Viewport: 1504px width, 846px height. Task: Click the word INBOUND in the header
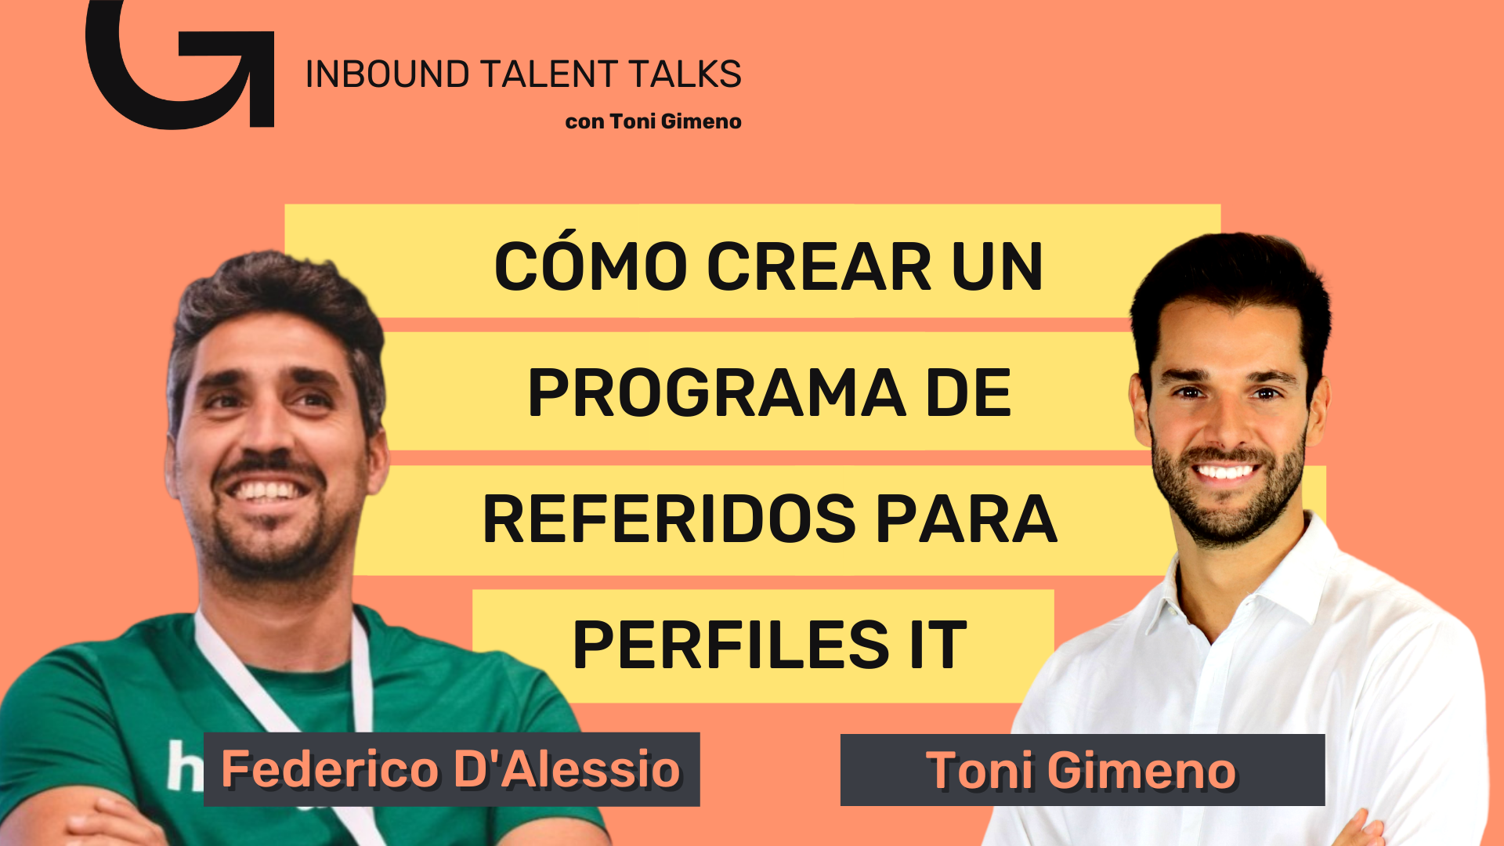tap(387, 74)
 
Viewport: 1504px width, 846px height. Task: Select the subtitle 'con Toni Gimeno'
tap(653, 121)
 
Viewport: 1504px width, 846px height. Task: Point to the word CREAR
tap(819, 266)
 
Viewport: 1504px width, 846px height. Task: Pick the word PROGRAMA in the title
tap(717, 392)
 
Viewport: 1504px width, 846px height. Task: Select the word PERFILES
tap(731, 645)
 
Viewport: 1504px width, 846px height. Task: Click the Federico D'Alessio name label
tap(451, 769)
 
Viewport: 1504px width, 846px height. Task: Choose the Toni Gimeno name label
tap(1082, 770)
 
